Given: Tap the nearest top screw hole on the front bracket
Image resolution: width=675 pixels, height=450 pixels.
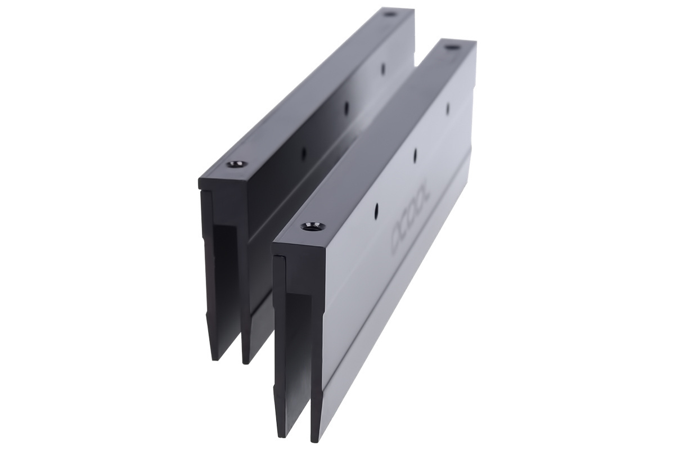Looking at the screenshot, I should (313, 227).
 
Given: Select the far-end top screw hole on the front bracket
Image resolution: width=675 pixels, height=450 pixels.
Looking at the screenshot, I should (450, 49).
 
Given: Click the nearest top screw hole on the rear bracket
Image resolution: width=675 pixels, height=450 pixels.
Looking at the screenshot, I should (236, 165).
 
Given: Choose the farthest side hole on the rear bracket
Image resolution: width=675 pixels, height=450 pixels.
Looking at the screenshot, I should (383, 69).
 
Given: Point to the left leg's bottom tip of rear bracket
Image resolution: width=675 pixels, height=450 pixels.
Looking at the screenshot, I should (214, 358).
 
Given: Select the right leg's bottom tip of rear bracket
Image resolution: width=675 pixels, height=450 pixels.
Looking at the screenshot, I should (245, 361).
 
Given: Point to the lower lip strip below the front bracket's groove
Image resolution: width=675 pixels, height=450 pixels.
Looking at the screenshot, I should (394, 315).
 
